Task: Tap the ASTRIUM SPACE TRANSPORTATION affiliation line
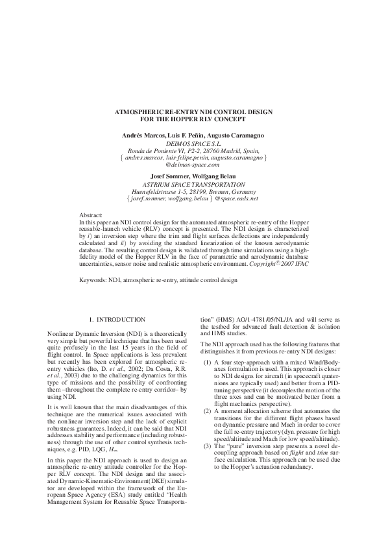pyautogui.click(x=193, y=184)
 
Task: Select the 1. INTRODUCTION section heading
pyautogui.click(x=117, y=320)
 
